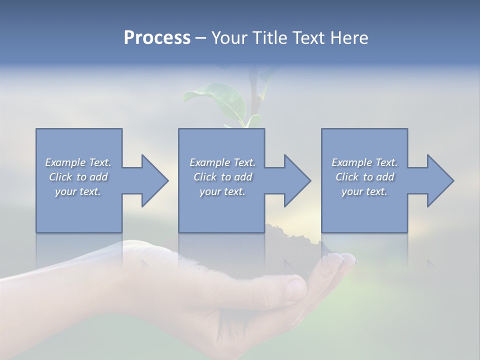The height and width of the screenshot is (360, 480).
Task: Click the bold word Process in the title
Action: pyautogui.click(x=157, y=38)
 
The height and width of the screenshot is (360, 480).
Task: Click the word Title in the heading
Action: pyautogui.click(x=269, y=38)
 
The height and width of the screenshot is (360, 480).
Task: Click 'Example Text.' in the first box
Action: pyautogui.click(x=78, y=162)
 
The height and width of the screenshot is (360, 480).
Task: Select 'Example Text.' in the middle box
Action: pyautogui.click(x=222, y=162)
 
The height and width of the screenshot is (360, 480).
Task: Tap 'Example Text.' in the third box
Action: pyautogui.click(x=364, y=162)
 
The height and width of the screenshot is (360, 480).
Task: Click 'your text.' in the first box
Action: pyautogui.click(x=78, y=191)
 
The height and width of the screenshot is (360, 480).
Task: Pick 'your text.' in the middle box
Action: pyautogui.click(x=222, y=191)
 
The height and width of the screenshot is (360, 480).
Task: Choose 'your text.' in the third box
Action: pyautogui.click(x=364, y=191)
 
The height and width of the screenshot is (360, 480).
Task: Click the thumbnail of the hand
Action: pyautogui.click(x=295, y=289)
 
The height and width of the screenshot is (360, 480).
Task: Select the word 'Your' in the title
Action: pyautogui.click(x=228, y=38)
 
